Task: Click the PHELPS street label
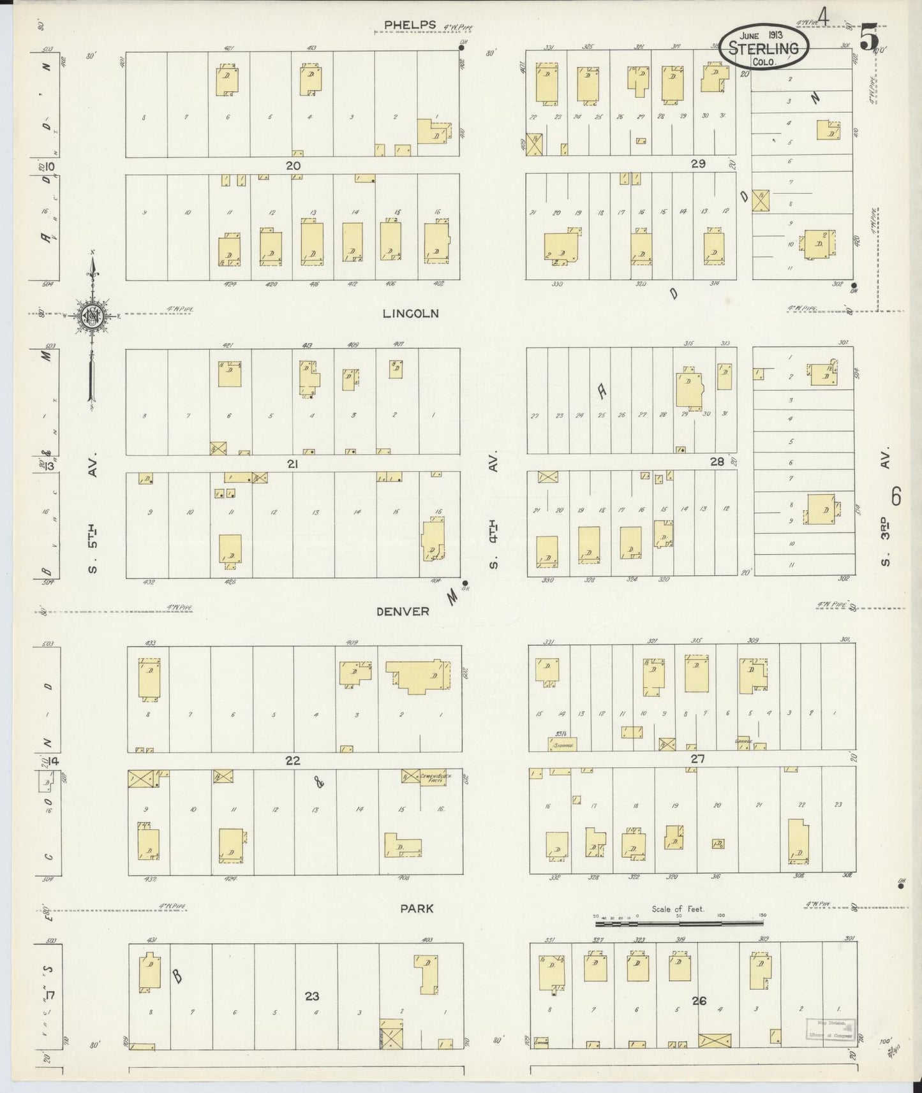click(x=410, y=25)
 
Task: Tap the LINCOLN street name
click(x=412, y=313)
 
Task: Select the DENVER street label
click(x=403, y=611)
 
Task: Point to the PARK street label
click(x=417, y=908)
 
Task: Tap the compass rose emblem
click(x=91, y=315)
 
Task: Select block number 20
click(x=293, y=165)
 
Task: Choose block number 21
click(x=292, y=464)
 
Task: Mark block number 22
click(x=293, y=761)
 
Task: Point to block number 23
click(x=311, y=995)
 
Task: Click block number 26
click(x=699, y=1001)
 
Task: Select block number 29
click(x=697, y=164)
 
